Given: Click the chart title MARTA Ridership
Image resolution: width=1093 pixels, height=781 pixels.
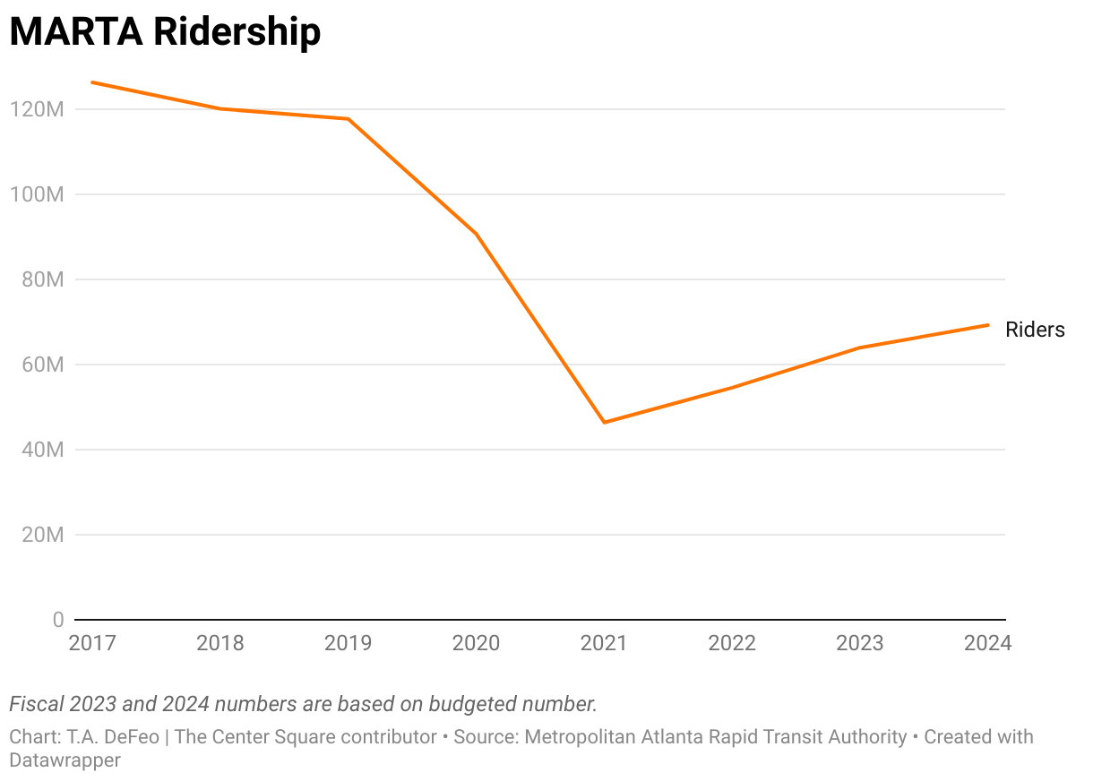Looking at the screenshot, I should [x=165, y=33].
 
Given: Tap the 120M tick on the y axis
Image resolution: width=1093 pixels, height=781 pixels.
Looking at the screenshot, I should [x=36, y=110].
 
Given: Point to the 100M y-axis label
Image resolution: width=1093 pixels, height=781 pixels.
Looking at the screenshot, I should [x=36, y=195].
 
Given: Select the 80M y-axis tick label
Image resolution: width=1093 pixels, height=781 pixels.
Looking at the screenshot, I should [x=40, y=280].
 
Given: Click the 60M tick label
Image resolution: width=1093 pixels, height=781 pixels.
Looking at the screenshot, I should [x=40, y=365].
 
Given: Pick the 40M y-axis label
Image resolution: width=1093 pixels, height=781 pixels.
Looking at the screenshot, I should [x=40, y=451].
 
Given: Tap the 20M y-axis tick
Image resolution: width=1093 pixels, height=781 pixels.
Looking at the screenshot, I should [x=40, y=536].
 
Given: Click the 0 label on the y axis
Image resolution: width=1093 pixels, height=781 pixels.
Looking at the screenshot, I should [x=58, y=620].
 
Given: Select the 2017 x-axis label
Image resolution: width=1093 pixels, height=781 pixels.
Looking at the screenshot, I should [x=92, y=643].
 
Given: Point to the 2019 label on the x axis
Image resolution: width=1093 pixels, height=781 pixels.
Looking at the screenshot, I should [x=348, y=643].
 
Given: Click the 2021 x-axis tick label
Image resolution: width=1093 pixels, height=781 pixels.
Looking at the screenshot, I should [x=604, y=643].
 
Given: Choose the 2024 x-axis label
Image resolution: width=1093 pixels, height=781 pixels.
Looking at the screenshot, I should [x=987, y=643].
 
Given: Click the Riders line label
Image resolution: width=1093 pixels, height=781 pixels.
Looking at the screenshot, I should [x=1035, y=330].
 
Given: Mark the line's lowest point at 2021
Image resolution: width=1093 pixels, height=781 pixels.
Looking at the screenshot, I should [x=605, y=422].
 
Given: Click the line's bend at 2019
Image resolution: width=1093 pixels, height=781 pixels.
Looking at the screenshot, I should [x=348, y=118].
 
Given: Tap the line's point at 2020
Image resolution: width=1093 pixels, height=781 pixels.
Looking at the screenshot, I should [x=476, y=234].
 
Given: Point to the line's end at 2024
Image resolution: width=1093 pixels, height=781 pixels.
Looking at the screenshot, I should [x=988, y=324].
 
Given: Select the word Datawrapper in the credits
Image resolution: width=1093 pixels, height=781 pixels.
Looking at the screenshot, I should [x=65, y=760].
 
